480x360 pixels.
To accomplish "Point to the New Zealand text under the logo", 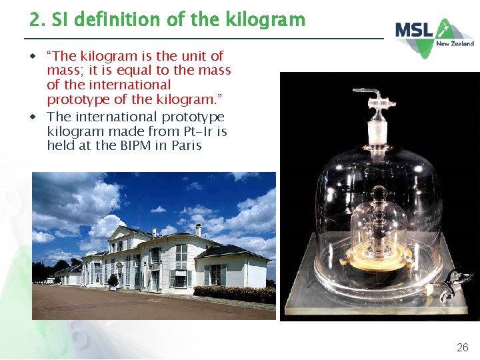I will [455, 43].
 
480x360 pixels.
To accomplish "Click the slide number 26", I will [462, 347].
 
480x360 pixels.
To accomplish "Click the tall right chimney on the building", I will [199, 231].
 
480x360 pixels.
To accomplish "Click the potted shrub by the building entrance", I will [113, 281].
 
